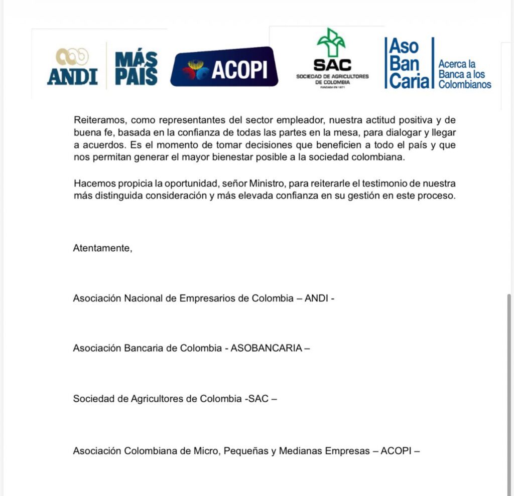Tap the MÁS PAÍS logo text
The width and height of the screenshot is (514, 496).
pyautogui.click(x=136, y=68)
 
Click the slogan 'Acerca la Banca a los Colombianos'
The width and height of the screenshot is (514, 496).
pyautogui.click(x=464, y=74)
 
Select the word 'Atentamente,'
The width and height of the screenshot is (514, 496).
pyautogui.click(x=103, y=248)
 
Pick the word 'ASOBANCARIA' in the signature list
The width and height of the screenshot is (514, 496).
pyautogui.click(x=266, y=348)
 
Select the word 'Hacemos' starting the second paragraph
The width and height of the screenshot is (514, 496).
pyautogui.click(x=91, y=184)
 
